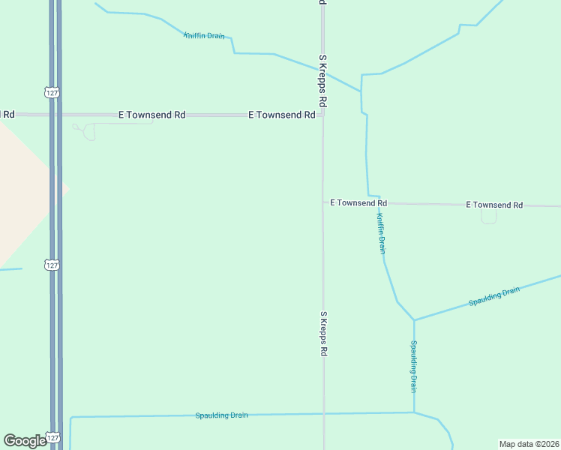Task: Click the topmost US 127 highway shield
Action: tap(52, 92)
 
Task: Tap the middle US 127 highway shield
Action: tap(52, 265)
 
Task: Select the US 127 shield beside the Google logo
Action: tap(52, 437)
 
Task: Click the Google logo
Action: tap(25, 441)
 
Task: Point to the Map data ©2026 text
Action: tap(528, 444)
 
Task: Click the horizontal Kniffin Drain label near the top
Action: tap(204, 36)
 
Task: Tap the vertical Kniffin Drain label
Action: tap(381, 233)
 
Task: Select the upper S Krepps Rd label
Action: tap(322, 79)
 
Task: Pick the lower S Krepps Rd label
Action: tap(324, 334)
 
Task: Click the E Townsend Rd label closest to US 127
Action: tap(152, 115)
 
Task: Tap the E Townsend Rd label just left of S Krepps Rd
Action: tap(282, 115)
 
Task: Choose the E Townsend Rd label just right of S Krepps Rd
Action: tap(358, 203)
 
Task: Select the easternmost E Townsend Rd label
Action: tap(494, 205)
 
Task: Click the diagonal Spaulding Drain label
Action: tap(494, 296)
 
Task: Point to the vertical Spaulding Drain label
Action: tap(413, 367)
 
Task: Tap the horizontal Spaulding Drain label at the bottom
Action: tap(221, 415)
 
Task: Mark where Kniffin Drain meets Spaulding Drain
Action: tap(414, 320)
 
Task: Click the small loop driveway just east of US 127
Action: tap(88, 132)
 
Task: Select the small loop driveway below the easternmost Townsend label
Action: tap(489, 217)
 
